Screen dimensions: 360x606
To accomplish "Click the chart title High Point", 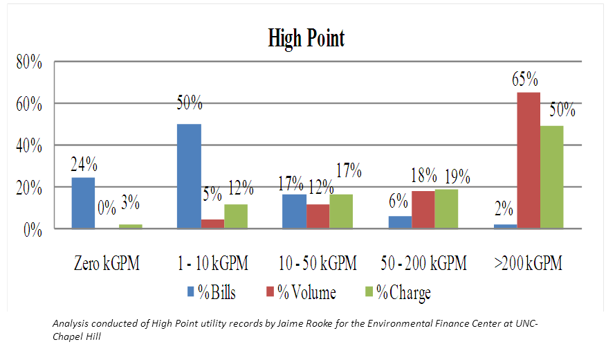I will pyautogui.click(x=306, y=38).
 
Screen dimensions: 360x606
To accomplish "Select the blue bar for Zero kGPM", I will pyautogui.click(x=83, y=203).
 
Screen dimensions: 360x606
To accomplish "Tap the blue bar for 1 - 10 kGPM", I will pyautogui.click(x=189, y=177).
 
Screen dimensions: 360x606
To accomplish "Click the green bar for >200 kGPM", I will pyautogui.click(x=552, y=177).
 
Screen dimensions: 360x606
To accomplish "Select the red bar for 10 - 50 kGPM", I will pyautogui.click(x=318, y=216).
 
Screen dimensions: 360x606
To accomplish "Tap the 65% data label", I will pyautogui.click(x=525, y=79).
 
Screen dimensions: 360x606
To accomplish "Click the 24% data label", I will pyautogui.click(x=84, y=165).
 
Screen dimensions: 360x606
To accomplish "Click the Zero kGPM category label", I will pyautogui.click(x=107, y=263).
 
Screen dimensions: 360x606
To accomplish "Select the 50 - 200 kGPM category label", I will pyautogui.click(x=423, y=263).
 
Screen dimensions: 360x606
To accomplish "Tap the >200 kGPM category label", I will pyautogui.click(x=529, y=263).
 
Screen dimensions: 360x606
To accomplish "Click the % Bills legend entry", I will pyautogui.click(x=212, y=293).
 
